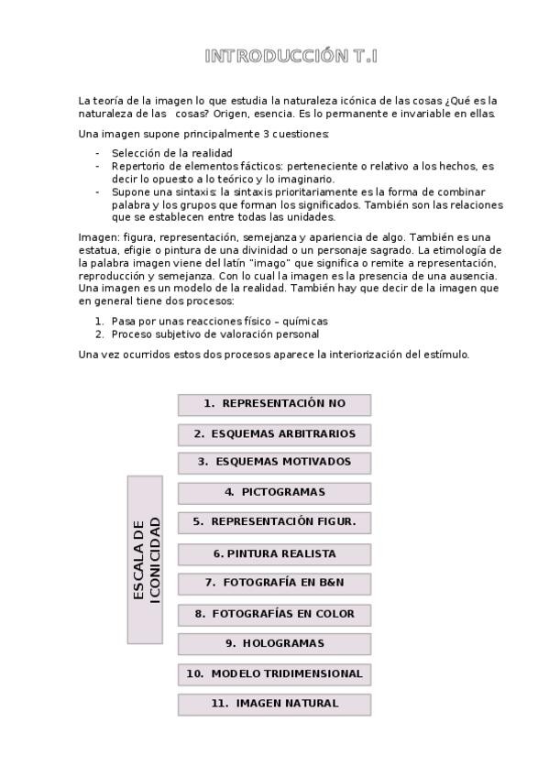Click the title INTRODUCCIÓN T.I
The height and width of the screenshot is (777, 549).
pyautogui.click(x=291, y=57)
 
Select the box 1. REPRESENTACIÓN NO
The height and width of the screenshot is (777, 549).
pyautogui.click(x=274, y=404)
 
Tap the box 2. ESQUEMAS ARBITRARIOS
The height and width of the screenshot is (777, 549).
pyautogui.click(x=274, y=434)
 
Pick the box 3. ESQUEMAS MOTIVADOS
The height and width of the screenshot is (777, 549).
pyautogui.click(x=274, y=463)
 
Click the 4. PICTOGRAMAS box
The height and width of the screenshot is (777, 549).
pyautogui.click(x=274, y=493)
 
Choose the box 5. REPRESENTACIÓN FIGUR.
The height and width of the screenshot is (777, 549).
pyautogui.click(x=274, y=522)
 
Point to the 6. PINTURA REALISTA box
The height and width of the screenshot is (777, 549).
pyautogui.click(x=274, y=554)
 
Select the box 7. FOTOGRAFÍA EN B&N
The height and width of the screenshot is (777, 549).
pyautogui.click(x=274, y=584)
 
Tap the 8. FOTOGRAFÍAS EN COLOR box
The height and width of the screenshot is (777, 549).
pyautogui.click(x=274, y=614)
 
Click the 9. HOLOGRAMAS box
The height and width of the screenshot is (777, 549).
pyautogui.click(x=274, y=644)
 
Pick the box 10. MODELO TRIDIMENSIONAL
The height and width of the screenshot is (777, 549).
pyautogui.click(x=274, y=674)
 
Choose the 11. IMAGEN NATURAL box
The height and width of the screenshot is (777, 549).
pyautogui.click(x=274, y=705)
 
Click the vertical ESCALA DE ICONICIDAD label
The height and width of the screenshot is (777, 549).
pyautogui.click(x=145, y=559)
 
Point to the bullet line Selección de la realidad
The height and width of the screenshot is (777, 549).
pyautogui.click(x=171, y=153)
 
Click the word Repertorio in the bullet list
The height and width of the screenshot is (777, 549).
pyautogui.click(x=137, y=167)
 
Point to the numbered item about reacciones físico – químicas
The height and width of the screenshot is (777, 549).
pyautogui.click(x=219, y=322)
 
